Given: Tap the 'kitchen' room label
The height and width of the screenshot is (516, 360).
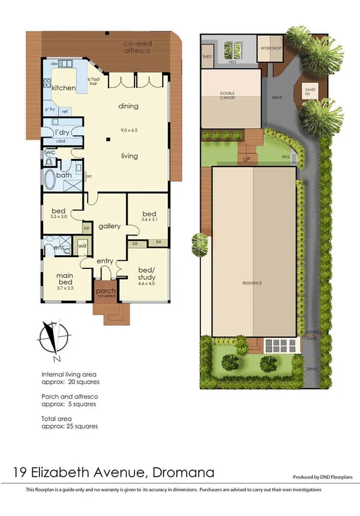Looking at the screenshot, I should point(63,88).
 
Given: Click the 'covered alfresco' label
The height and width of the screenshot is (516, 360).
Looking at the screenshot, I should point(138,46).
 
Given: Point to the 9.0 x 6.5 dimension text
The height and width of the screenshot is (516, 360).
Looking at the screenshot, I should point(129,130).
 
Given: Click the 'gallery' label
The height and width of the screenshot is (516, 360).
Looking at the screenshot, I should point(109,226).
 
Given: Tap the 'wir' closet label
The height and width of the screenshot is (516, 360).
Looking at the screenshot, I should point(83,247).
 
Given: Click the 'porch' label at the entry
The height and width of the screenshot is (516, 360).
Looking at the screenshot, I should point(105,290).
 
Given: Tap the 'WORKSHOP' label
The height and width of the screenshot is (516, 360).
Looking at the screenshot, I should point(270,47).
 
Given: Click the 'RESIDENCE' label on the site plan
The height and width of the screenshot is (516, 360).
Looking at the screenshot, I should point(252,283).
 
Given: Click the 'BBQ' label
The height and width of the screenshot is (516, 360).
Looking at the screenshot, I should point(285,157).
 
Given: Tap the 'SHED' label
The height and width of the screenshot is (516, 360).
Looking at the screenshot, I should point(207,56).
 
